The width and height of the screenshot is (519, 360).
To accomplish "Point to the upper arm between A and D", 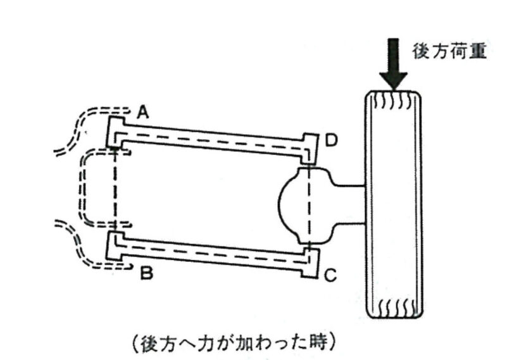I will click(x=212, y=138).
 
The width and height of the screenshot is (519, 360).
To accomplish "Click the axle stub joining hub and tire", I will click(x=347, y=204).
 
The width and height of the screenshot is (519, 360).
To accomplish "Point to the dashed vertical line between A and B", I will click(x=115, y=190).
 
